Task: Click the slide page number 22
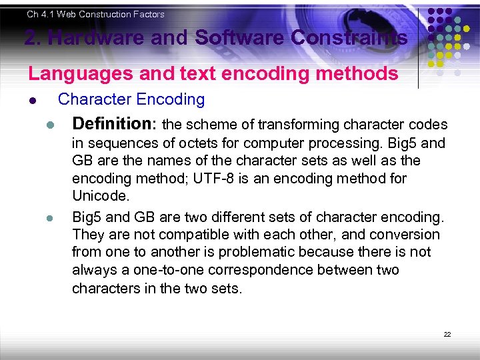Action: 447,334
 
